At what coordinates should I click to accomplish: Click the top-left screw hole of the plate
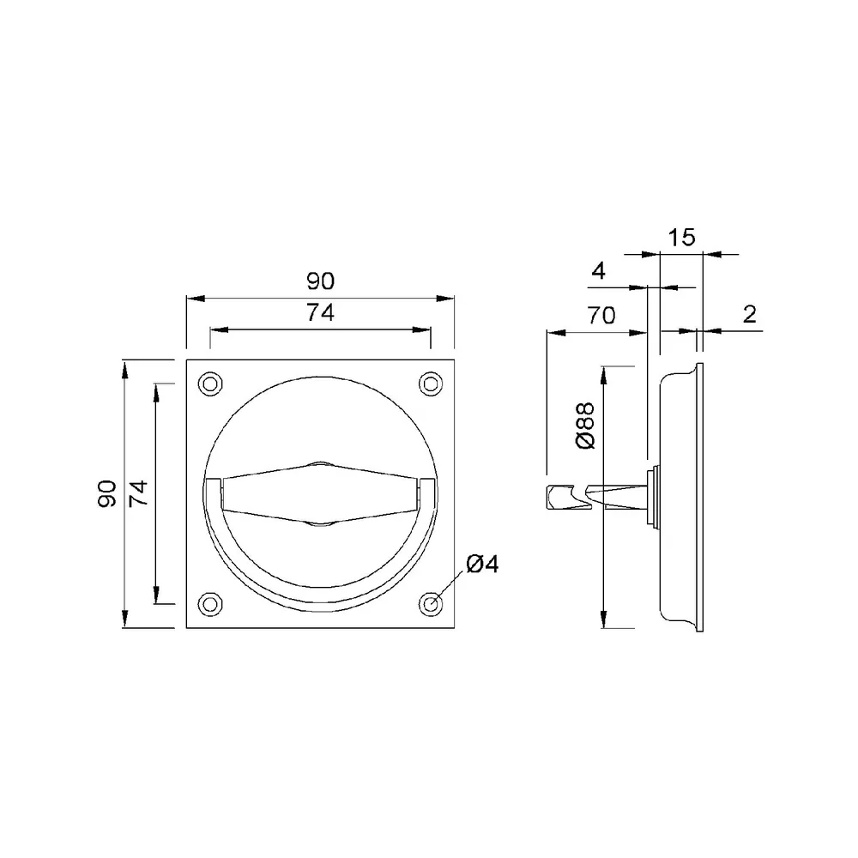click(209, 384)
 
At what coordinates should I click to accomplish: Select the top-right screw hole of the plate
click(431, 384)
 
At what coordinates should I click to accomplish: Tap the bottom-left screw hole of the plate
click(209, 604)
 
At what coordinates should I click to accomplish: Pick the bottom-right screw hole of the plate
click(431, 604)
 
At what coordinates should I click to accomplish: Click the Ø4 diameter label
click(482, 565)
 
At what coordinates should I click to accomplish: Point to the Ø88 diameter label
click(585, 426)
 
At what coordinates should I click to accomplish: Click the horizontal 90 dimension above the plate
click(321, 281)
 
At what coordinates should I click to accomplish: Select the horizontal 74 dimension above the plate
click(321, 313)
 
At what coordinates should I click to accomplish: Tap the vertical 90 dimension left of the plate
click(107, 493)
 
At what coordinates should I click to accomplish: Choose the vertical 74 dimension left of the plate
click(138, 493)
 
